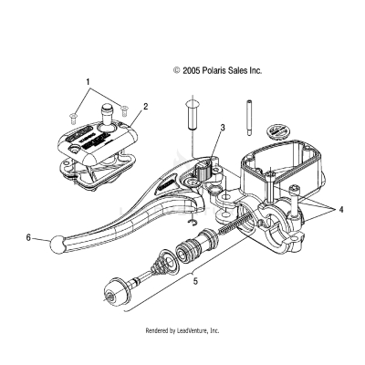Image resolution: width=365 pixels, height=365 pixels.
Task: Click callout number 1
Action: coord(88,81)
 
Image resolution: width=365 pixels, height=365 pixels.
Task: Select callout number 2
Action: coord(144,107)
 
